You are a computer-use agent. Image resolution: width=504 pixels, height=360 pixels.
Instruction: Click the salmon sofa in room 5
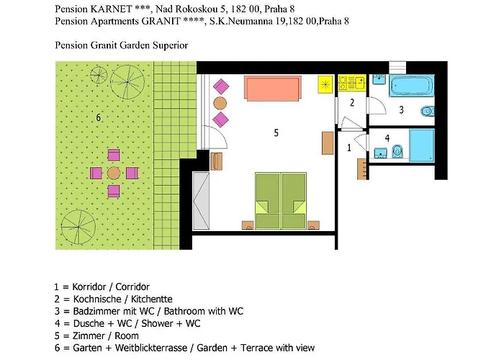273,89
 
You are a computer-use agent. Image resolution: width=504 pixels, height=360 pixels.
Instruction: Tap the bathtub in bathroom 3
412,86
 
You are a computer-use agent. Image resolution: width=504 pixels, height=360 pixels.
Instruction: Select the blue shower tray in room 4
422,146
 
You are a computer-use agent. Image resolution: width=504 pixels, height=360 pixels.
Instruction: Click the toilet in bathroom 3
427,111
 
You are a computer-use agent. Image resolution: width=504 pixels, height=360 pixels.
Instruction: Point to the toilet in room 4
397,151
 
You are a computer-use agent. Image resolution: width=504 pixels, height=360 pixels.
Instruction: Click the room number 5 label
276,132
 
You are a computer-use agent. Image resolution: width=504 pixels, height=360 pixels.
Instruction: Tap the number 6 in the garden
99,117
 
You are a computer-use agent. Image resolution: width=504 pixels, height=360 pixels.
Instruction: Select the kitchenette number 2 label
352,102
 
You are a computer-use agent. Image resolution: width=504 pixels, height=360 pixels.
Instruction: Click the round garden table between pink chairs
114,173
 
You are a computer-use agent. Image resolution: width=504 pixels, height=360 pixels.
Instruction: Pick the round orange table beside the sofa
220,103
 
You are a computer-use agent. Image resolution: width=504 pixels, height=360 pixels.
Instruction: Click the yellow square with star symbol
325,84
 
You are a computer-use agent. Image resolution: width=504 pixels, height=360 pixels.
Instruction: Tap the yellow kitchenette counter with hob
352,83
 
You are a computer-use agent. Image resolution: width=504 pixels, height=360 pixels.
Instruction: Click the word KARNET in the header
111,9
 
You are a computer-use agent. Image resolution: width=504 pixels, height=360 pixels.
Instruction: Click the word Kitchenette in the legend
151,300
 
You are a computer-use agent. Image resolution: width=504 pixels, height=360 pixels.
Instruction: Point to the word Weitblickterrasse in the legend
151,348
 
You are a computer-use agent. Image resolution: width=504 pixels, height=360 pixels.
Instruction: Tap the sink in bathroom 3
379,79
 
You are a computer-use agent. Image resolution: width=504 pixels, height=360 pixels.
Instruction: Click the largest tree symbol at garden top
127,82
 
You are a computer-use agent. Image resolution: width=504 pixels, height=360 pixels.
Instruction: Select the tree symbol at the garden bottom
78,227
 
